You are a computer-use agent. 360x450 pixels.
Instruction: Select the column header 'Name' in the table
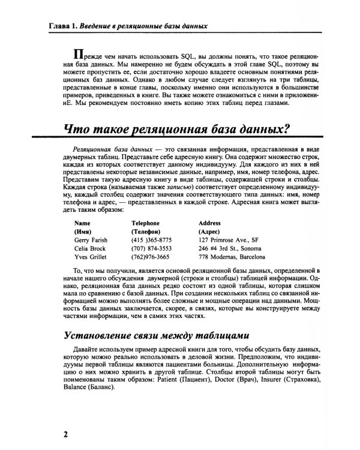coord(82,221)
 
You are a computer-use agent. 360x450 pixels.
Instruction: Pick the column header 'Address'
coord(209,221)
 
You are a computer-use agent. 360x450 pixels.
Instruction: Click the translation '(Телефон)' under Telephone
coord(146,230)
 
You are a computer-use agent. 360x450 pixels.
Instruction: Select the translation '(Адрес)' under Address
coord(208,230)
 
